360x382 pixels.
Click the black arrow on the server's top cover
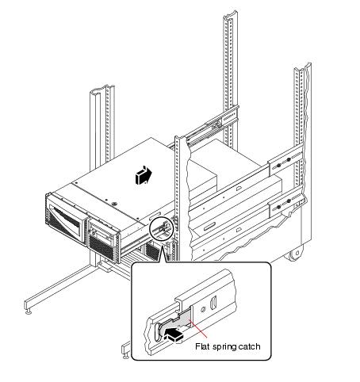[144, 175]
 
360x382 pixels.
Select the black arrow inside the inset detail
[174, 334]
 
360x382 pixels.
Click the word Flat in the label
[202, 346]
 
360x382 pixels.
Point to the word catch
[249, 346]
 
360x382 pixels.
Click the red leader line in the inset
[198, 329]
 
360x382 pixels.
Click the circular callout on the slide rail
[161, 228]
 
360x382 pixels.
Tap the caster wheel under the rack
[296, 254]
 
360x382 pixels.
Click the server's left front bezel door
[67, 220]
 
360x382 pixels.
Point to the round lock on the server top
[114, 204]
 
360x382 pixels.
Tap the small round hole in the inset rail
[204, 309]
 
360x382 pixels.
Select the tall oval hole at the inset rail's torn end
[157, 332]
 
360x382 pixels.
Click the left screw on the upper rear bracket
[278, 166]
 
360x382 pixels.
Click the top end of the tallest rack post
[230, 13]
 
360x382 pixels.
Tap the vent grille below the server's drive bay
[101, 247]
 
